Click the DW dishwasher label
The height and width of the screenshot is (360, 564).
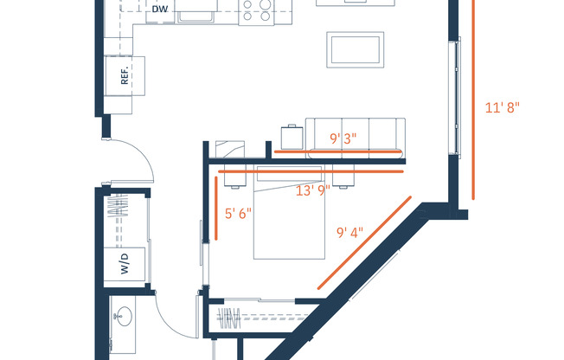[x=159, y=10]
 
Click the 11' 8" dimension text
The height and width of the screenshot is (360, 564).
[x=503, y=108]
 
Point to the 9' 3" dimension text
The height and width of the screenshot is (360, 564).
[x=345, y=138]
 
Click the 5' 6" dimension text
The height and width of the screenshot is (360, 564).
[x=237, y=215]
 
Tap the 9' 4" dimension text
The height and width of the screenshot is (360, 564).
[x=349, y=233]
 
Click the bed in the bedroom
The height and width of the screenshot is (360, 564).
[x=289, y=212]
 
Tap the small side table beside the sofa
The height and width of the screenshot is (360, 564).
[x=291, y=137]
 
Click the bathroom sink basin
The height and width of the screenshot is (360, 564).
[x=120, y=317]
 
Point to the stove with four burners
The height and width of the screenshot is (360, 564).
[x=257, y=10]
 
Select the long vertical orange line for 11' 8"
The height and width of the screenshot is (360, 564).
[x=473, y=100]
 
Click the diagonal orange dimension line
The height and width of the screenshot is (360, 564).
[x=364, y=241]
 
